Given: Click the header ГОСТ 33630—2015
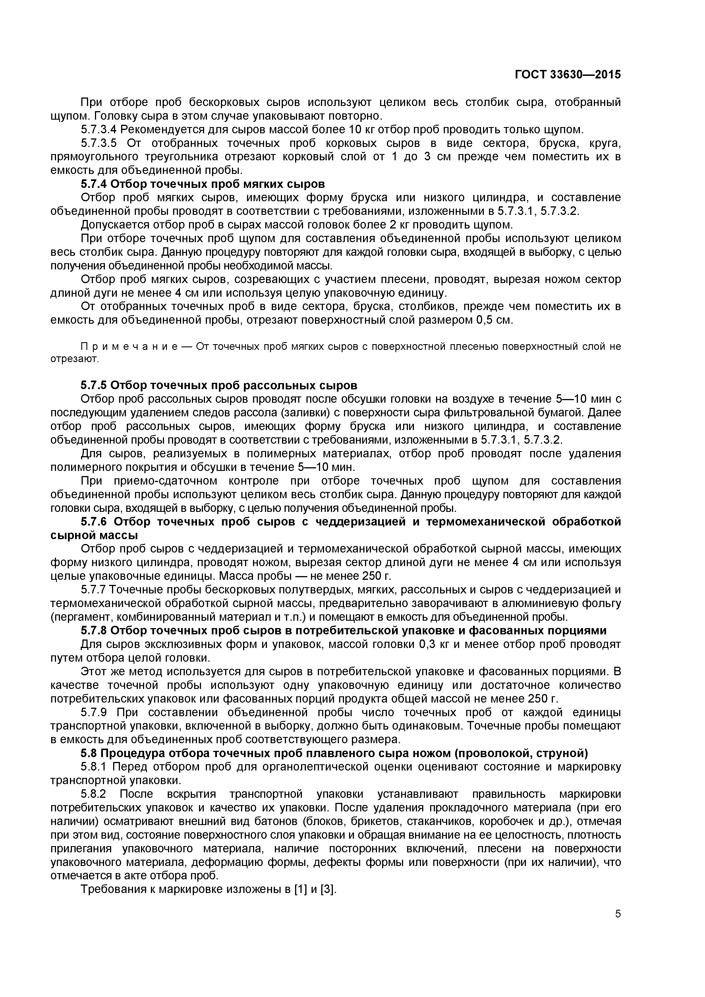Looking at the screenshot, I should pos(567,75).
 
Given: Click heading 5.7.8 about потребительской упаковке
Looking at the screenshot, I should pos(343,630).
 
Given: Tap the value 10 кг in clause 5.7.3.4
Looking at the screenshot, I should pos(358,129).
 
